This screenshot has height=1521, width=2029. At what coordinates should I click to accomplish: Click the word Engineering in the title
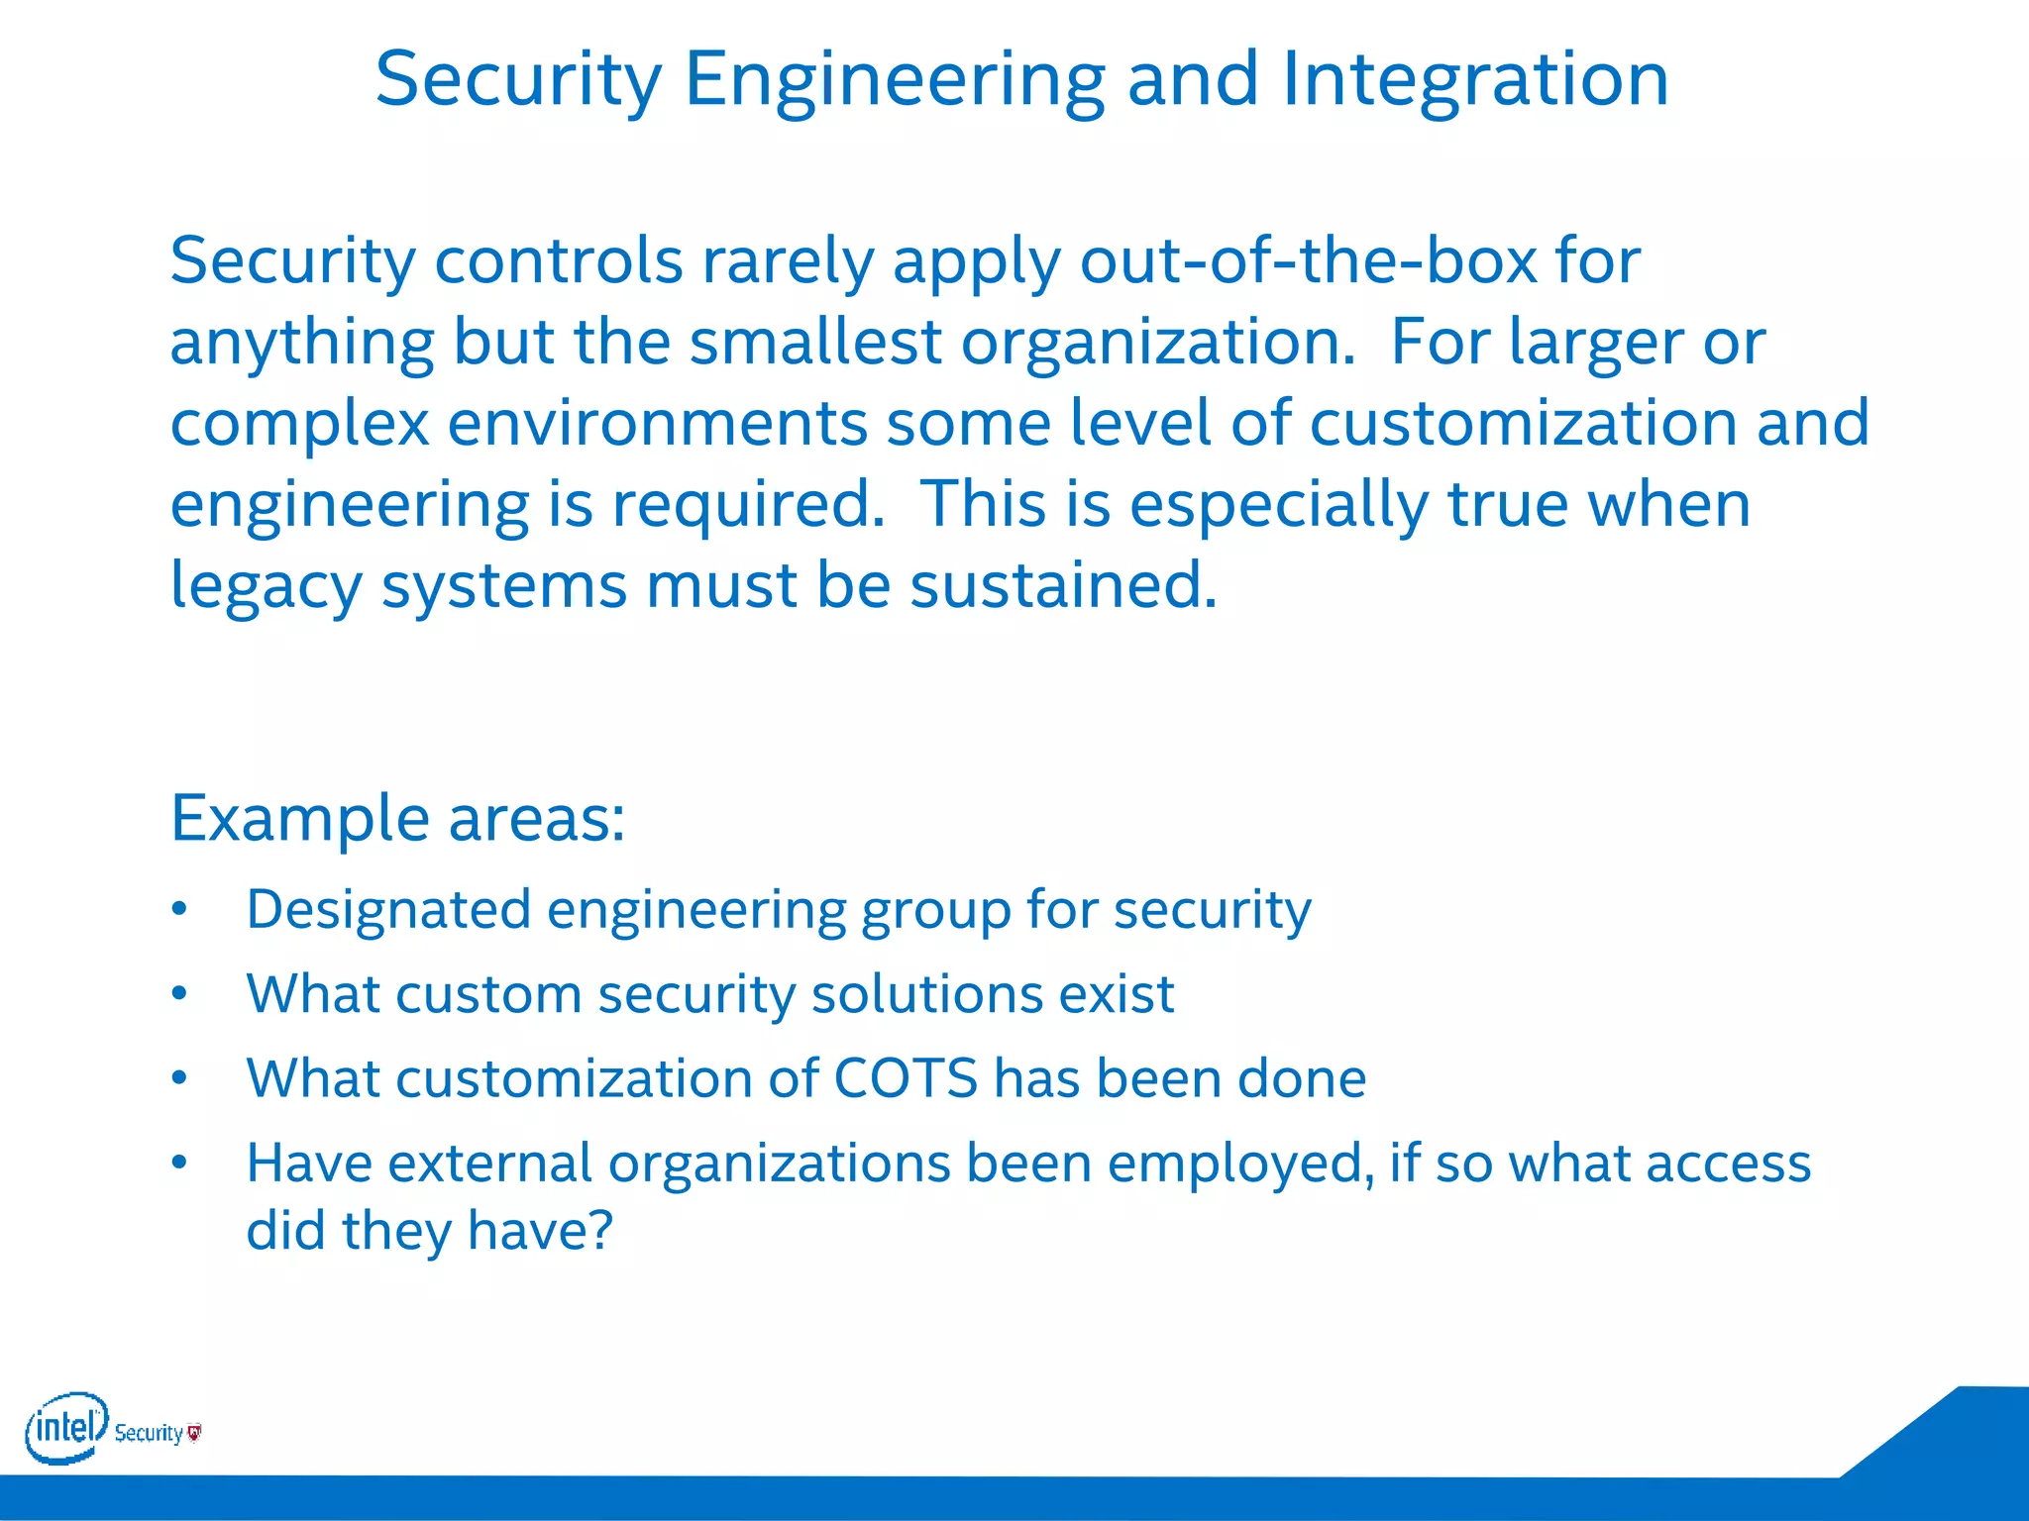point(894,81)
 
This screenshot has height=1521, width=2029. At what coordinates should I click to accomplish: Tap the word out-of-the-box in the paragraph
point(1308,261)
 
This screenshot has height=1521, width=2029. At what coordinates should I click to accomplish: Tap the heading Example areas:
point(397,819)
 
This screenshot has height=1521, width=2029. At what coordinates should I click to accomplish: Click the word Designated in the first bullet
point(388,910)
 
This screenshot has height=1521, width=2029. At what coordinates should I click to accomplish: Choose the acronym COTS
point(906,1078)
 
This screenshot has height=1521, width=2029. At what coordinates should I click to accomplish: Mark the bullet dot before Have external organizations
point(179,1163)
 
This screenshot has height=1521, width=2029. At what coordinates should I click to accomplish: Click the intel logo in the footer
point(65,1427)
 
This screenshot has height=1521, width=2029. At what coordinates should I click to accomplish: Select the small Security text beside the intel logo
point(149,1433)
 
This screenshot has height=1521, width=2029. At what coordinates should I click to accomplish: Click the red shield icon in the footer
point(194,1432)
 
